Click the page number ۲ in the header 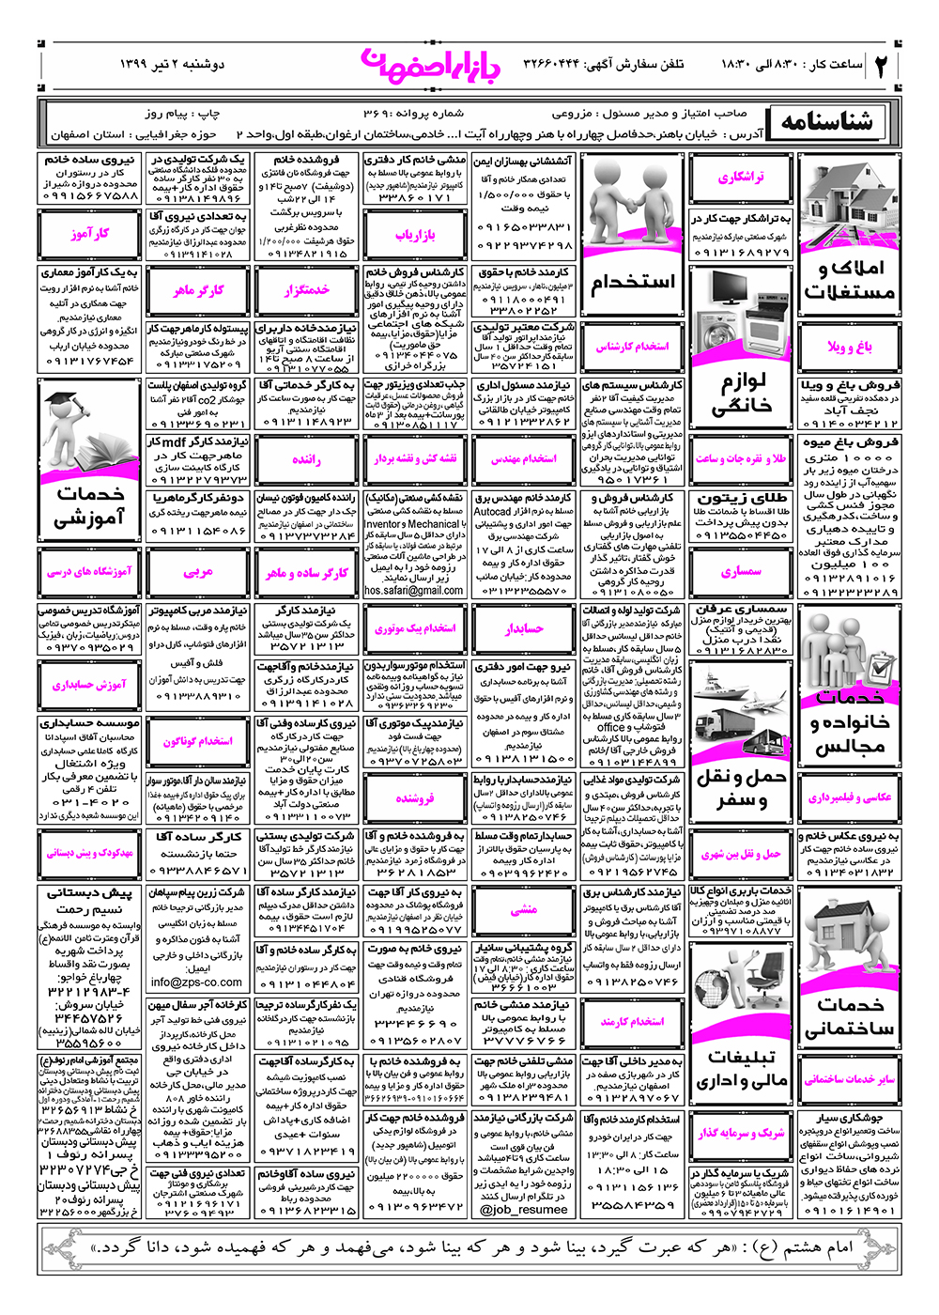882,66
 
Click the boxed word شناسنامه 826,121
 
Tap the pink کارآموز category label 89,234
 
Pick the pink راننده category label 306,459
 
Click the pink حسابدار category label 524,628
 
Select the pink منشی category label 524,909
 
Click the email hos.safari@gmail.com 414,591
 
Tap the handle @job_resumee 524,1210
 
